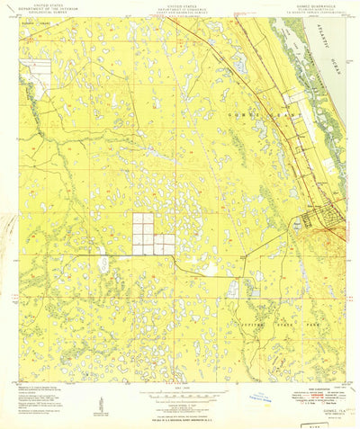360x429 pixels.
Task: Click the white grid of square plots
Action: tap(154, 233)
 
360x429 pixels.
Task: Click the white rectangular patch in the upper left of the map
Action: tap(39, 69)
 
